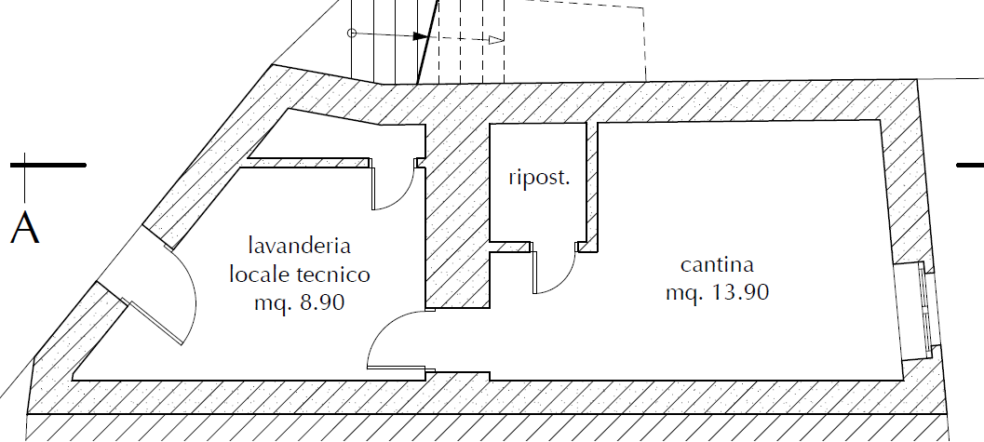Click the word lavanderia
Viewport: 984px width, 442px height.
[x=300, y=245]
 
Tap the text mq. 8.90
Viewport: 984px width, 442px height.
[x=300, y=303]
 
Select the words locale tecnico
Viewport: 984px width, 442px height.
[x=300, y=274]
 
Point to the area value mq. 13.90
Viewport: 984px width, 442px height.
[x=717, y=292]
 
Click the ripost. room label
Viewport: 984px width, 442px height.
[x=539, y=178]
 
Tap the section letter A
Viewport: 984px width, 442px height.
[x=24, y=228]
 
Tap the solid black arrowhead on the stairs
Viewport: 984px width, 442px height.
[x=421, y=36]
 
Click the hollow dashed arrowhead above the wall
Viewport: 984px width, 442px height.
[x=496, y=40]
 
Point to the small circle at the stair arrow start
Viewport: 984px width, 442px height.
[x=352, y=33]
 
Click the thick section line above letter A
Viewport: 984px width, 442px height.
[x=48, y=165]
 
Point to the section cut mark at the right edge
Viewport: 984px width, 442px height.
[x=970, y=166]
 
